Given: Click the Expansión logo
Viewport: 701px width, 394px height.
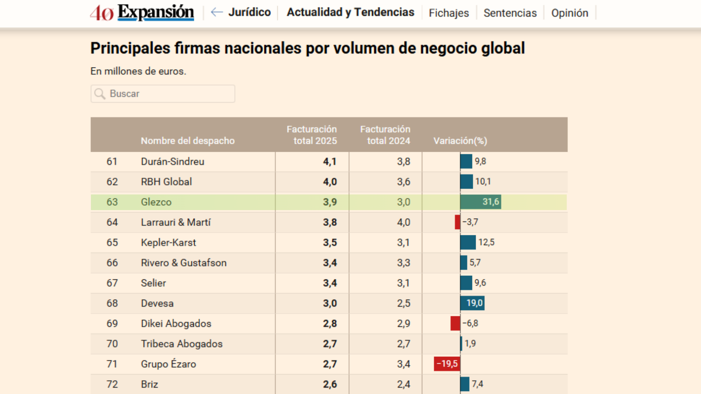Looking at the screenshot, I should click(x=142, y=13).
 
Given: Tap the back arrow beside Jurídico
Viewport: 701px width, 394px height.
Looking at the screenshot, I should click(x=217, y=12).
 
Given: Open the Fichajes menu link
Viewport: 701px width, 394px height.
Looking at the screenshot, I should click(x=449, y=13).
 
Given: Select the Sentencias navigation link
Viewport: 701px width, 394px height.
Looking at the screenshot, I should click(x=510, y=13).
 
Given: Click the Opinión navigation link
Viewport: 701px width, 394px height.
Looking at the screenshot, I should click(x=570, y=13).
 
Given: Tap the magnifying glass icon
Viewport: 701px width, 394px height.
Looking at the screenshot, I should click(x=100, y=94).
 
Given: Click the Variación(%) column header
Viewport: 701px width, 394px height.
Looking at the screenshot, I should click(x=460, y=141).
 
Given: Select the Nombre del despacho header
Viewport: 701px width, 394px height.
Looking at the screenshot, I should click(x=188, y=141).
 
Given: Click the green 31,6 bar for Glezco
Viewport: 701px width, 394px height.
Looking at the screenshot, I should click(x=480, y=202).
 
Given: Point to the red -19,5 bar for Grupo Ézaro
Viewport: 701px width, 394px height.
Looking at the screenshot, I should click(x=447, y=364).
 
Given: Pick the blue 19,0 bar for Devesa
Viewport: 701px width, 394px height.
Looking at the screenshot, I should click(x=472, y=303).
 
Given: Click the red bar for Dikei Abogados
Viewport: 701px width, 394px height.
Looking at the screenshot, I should click(x=455, y=323).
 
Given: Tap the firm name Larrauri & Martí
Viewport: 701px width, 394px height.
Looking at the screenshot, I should click(x=176, y=222).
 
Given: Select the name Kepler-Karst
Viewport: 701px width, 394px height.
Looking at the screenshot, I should click(x=168, y=243).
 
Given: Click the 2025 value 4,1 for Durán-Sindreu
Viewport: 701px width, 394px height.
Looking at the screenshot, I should click(x=330, y=162).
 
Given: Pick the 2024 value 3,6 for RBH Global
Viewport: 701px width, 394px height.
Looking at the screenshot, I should click(x=403, y=182).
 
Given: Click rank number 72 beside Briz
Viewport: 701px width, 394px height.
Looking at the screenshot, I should click(x=112, y=384).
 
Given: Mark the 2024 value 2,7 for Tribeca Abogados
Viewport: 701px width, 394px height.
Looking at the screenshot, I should click(x=403, y=344).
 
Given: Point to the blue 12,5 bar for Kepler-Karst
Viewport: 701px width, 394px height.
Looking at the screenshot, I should click(x=468, y=242).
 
